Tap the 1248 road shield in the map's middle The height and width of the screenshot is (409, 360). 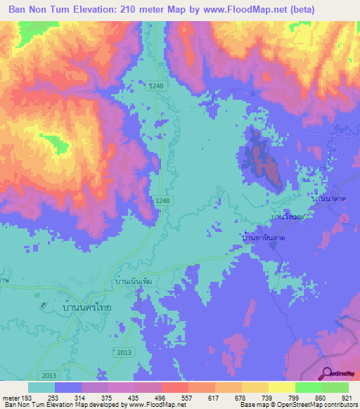click(163, 201)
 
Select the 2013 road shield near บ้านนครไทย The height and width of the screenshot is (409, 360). click(123, 351)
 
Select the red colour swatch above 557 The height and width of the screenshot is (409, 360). click(174, 387)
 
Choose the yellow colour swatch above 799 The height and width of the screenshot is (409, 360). click(281, 387)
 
